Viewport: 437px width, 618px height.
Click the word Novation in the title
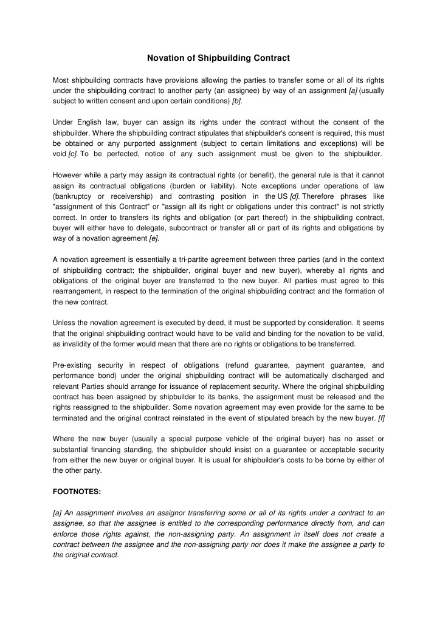point(165,58)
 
